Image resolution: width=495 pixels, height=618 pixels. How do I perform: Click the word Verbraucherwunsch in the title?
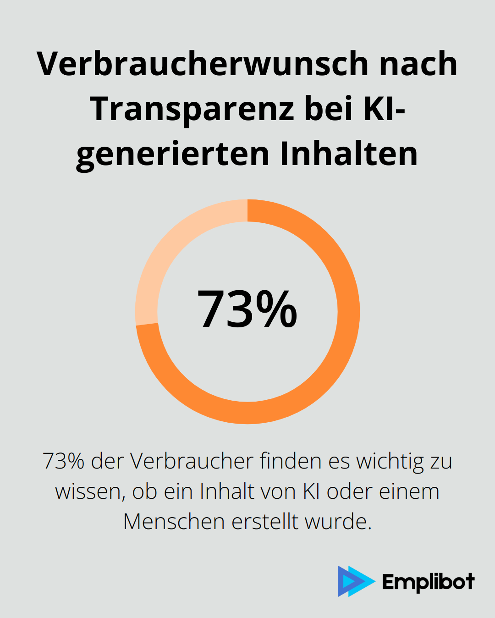tap(203, 64)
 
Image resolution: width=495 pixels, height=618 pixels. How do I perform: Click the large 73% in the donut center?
tap(247, 309)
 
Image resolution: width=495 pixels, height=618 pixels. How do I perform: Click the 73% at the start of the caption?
tap(63, 461)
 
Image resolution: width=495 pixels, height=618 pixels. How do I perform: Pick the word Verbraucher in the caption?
tap(192, 461)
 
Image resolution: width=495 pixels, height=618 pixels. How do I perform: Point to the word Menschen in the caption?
tap(174, 522)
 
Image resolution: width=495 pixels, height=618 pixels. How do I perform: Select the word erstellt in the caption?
tap(265, 522)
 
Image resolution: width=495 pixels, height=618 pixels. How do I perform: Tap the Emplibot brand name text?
tap(428, 582)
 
